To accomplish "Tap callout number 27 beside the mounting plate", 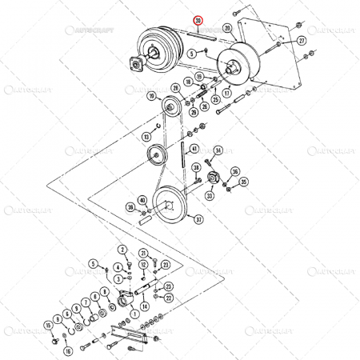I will pyautogui.click(x=301, y=40).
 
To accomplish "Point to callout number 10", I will pyautogui.click(x=151, y=96).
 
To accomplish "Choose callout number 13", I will pyautogui.click(x=146, y=138).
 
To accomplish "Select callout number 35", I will pyautogui.click(x=235, y=171).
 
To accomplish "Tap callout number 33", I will pyautogui.click(x=210, y=194).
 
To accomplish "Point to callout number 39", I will pyautogui.click(x=130, y=207).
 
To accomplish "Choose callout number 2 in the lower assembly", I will pyautogui.click(x=123, y=250).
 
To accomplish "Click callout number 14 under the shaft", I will pyautogui.click(x=144, y=306).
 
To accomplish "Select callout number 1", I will pyautogui.click(x=134, y=314).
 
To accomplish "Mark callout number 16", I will pyautogui.click(x=69, y=350).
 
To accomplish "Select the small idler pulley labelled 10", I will pyautogui.click(x=169, y=107).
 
